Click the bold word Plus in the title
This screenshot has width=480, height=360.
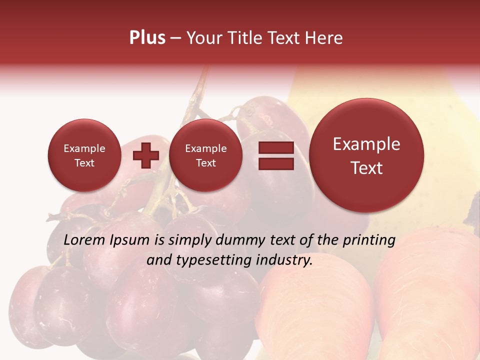click(x=147, y=38)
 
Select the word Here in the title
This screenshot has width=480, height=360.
click(x=325, y=38)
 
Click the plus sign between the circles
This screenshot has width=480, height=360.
click(x=145, y=155)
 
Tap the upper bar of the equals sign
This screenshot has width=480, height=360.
click(x=276, y=148)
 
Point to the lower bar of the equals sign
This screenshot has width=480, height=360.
click(x=276, y=163)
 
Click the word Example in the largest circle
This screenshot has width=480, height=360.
click(x=366, y=144)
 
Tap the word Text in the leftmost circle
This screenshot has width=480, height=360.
click(x=84, y=163)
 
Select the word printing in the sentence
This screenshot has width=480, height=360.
click(x=369, y=240)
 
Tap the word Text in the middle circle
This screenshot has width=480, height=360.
click(x=205, y=163)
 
